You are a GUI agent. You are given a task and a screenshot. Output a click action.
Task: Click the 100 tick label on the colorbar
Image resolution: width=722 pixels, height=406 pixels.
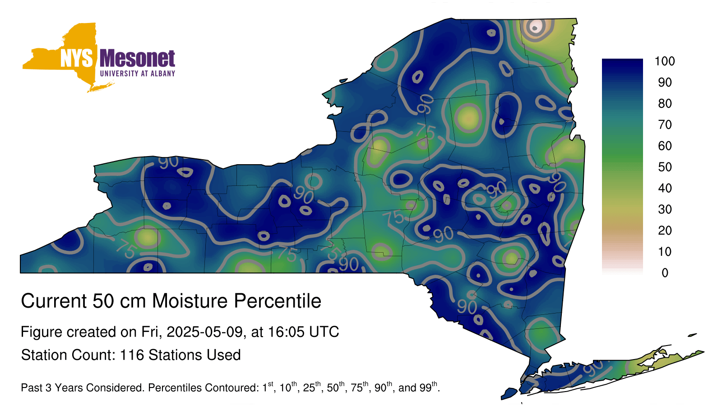point(665,61)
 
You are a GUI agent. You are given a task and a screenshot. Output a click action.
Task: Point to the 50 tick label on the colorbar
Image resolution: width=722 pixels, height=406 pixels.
point(665,167)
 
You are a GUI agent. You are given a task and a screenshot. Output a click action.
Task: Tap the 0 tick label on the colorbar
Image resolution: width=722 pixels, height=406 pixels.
point(665,273)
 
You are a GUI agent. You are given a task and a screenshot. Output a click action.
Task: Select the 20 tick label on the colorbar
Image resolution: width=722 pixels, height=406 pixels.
point(665,231)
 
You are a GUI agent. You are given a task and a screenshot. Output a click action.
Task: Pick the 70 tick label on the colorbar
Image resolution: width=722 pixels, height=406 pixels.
point(665,125)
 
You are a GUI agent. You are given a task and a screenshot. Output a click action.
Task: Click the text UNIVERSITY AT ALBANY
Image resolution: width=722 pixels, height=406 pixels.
point(138,74)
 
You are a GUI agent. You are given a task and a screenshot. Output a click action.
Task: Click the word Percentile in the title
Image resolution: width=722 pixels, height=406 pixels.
point(278,301)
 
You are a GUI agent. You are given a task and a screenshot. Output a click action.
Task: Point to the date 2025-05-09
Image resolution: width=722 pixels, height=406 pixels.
point(204,332)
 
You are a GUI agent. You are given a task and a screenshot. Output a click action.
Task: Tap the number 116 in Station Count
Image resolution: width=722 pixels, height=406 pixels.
point(131,355)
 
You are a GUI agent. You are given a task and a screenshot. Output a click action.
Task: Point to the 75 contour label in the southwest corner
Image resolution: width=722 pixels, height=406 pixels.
point(126,249)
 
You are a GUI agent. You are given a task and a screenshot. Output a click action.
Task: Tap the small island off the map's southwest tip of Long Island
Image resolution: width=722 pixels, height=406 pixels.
point(509,393)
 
